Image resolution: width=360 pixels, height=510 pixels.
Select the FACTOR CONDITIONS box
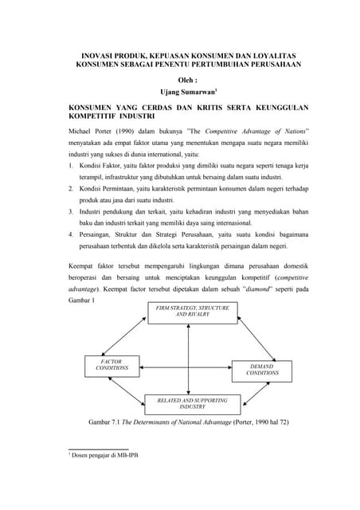point(112,366)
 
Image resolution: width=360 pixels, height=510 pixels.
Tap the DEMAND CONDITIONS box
point(262,369)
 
